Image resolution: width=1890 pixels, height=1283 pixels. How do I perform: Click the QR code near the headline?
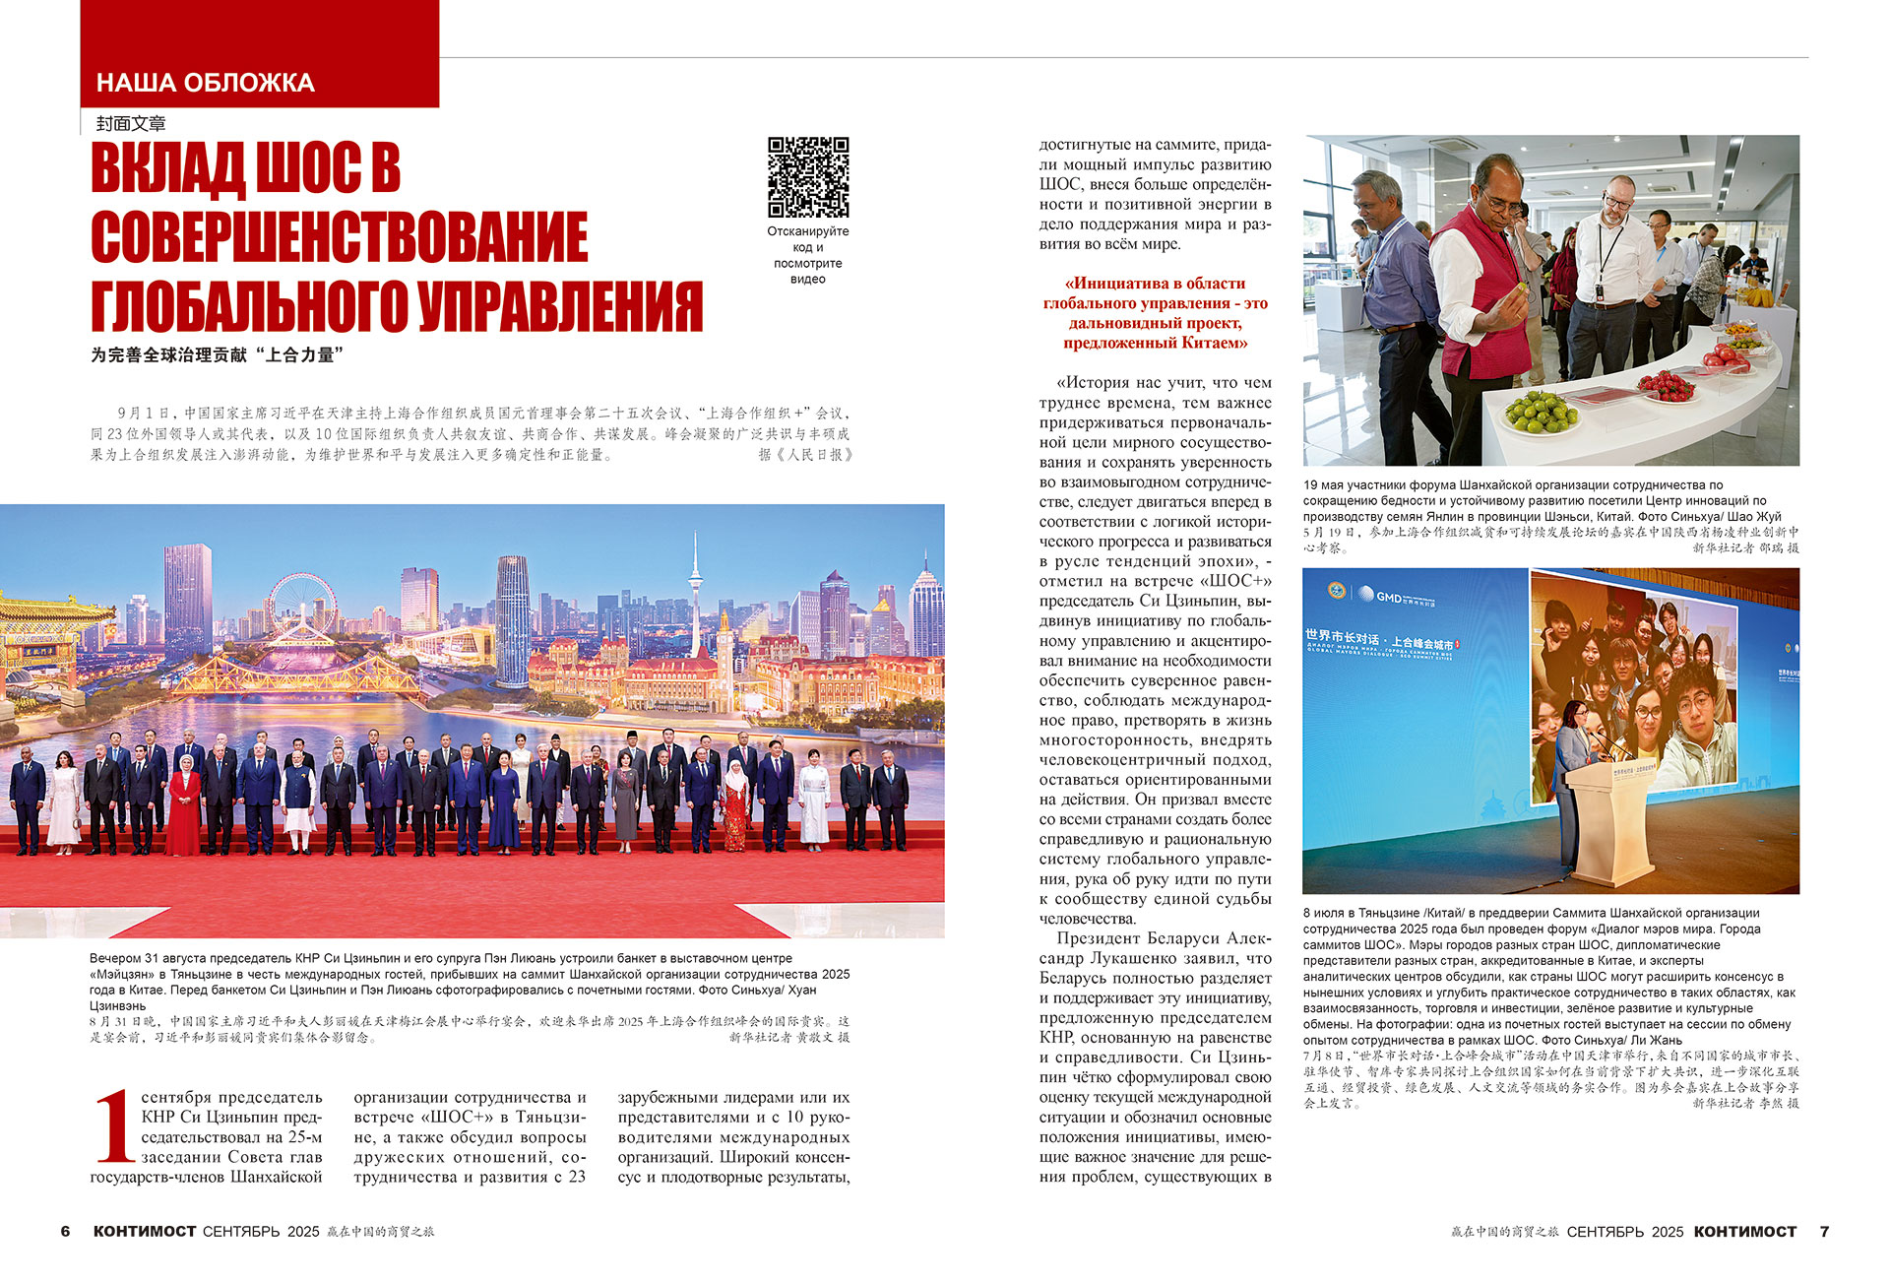tap(808, 177)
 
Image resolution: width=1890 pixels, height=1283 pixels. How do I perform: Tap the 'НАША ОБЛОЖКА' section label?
tap(206, 83)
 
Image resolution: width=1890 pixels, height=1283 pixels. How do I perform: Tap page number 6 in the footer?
tap(66, 1232)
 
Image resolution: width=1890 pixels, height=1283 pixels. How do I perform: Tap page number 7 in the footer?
tap(1824, 1232)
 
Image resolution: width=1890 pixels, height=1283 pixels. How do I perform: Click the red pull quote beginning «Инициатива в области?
tap(1155, 313)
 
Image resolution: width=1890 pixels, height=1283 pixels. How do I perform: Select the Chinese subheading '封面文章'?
tap(131, 124)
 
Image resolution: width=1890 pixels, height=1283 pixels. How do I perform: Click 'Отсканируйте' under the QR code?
tap(808, 231)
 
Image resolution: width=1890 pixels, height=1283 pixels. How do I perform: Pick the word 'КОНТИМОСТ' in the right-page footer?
tap(1745, 1232)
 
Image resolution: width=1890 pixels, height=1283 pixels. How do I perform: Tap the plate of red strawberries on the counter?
tap(1666, 385)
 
